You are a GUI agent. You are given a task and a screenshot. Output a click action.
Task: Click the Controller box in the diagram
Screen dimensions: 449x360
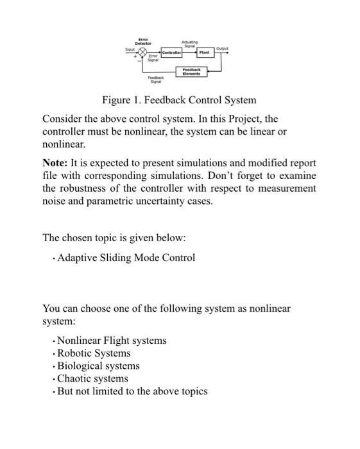pos(171,53)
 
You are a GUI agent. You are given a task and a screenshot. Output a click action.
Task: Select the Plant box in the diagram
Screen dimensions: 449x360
pos(204,53)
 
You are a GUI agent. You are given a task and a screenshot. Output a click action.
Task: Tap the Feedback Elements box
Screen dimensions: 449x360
pos(191,71)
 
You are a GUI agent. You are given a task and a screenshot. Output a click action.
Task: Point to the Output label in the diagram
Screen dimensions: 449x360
pos(222,48)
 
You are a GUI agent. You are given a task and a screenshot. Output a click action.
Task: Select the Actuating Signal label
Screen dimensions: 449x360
pos(191,42)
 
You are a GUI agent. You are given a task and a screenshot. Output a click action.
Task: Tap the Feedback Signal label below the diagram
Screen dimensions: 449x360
pos(155,80)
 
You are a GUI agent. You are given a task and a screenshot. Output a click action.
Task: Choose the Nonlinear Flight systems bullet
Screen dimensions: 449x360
pos(112,340)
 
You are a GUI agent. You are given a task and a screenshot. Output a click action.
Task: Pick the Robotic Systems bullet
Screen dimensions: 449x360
pos(94,353)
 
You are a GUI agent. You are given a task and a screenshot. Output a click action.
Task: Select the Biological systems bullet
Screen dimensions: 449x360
pos(98,366)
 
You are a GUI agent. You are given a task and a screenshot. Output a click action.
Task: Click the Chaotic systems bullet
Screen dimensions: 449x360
pos(93,378)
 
